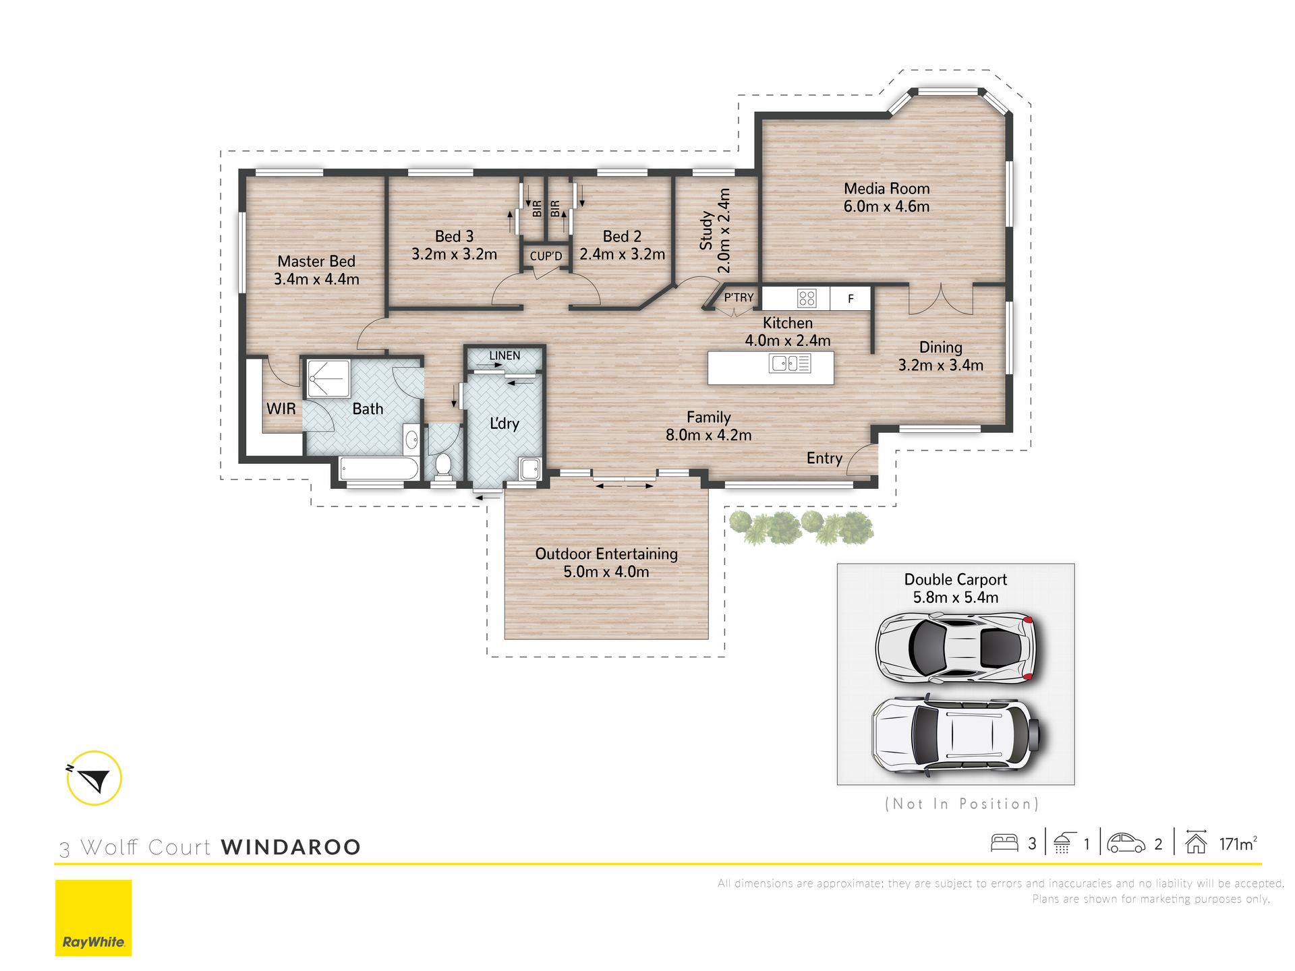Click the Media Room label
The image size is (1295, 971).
click(886, 189)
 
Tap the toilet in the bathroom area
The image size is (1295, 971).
click(443, 465)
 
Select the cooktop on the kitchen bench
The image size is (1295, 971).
click(807, 297)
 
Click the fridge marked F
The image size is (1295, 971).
click(851, 298)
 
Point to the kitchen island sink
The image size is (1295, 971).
click(790, 363)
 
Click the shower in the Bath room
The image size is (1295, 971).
click(328, 379)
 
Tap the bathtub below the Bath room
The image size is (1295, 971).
click(378, 469)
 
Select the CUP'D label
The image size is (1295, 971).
click(546, 256)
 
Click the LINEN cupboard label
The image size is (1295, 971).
click(505, 355)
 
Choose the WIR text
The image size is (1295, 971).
click(281, 409)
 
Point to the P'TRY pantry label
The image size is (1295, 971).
click(739, 297)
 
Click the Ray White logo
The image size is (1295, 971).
click(94, 918)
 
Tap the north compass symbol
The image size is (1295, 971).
click(94, 778)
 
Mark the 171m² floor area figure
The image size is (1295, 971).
click(1238, 844)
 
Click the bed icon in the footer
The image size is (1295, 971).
click(1004, 843)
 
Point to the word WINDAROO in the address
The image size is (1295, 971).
click(291, 847)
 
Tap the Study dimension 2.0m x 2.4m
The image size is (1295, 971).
click(724, 231)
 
